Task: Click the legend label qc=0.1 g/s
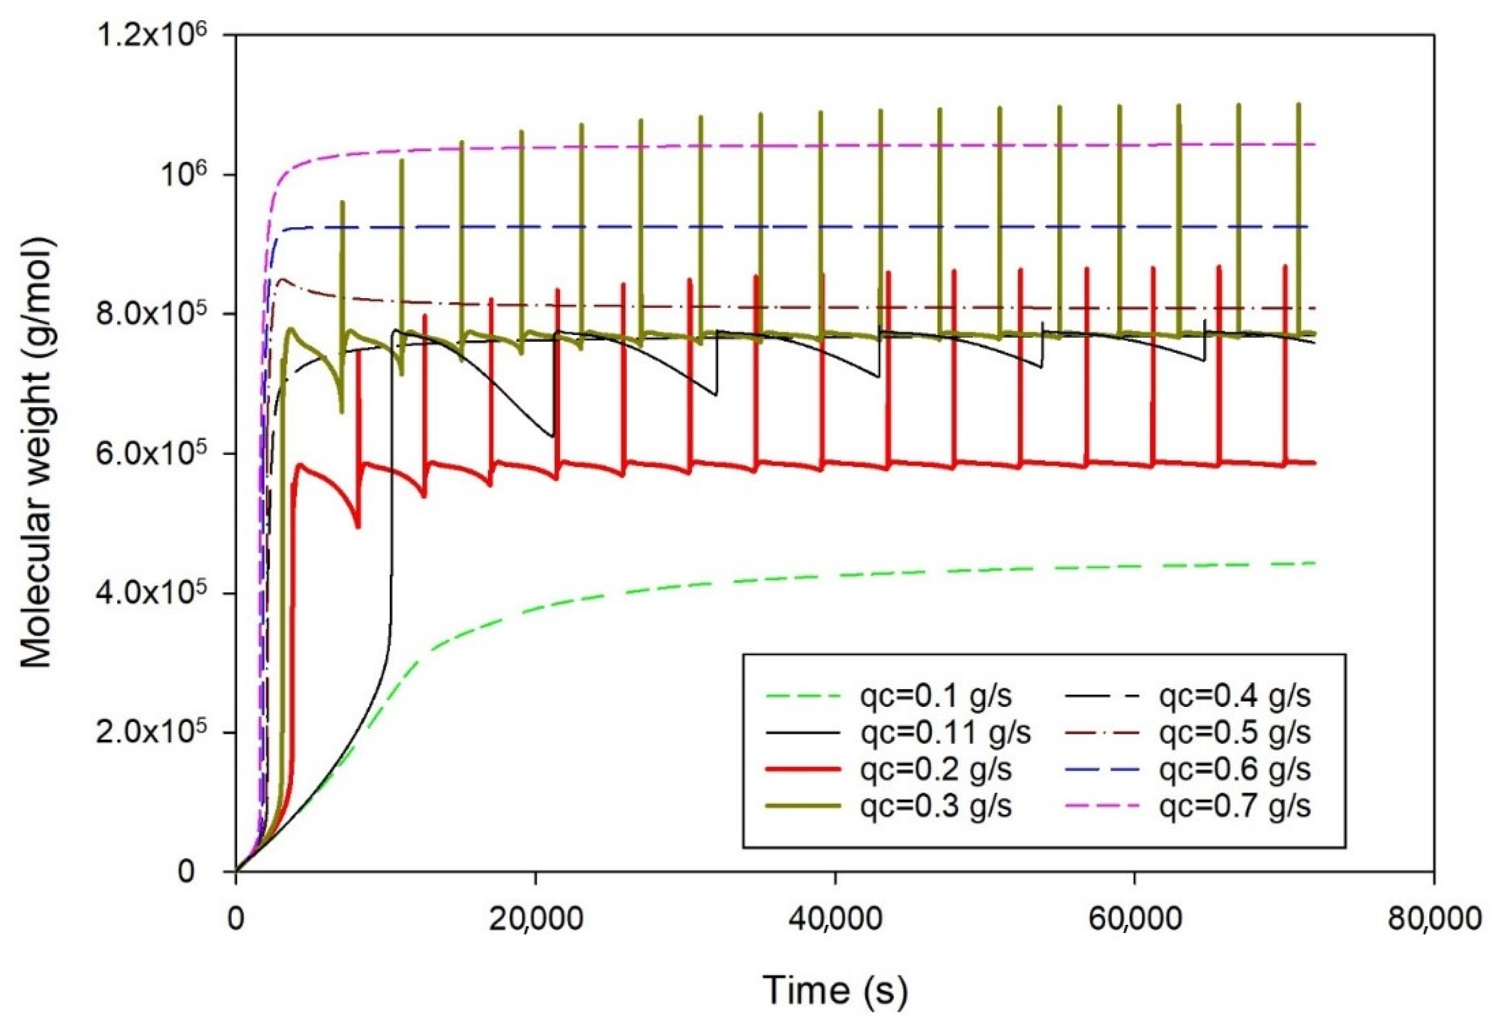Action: (936, 696)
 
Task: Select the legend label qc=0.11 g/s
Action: (945, 733)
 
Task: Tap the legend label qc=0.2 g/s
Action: (936, 769)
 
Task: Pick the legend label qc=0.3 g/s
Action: (936, 806)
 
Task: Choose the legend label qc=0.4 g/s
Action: (1235, 696)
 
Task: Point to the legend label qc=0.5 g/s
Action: (1235, 733)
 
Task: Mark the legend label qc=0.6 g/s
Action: (1235, 769)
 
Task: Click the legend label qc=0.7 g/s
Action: (1235, 806)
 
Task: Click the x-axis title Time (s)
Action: (835, 989)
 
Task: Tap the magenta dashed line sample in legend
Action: (1103, 806)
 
